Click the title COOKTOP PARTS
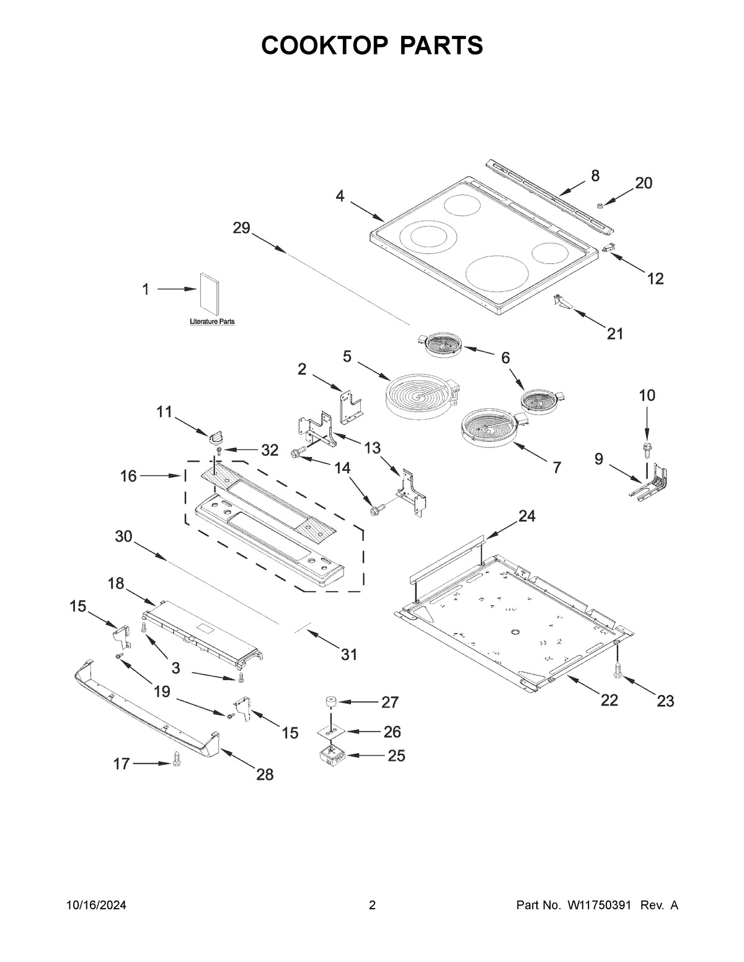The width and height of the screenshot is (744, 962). [372, 45]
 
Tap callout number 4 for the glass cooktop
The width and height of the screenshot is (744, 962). [340, 196]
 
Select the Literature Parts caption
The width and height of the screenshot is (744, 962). [211, 322]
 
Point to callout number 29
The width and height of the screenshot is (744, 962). [241, 228]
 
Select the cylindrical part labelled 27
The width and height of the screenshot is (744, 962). [328, 702]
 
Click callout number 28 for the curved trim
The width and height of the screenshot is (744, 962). [265, 774]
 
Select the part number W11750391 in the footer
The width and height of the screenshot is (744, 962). [598, 905]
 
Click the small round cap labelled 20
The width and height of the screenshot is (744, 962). [600, 204]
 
